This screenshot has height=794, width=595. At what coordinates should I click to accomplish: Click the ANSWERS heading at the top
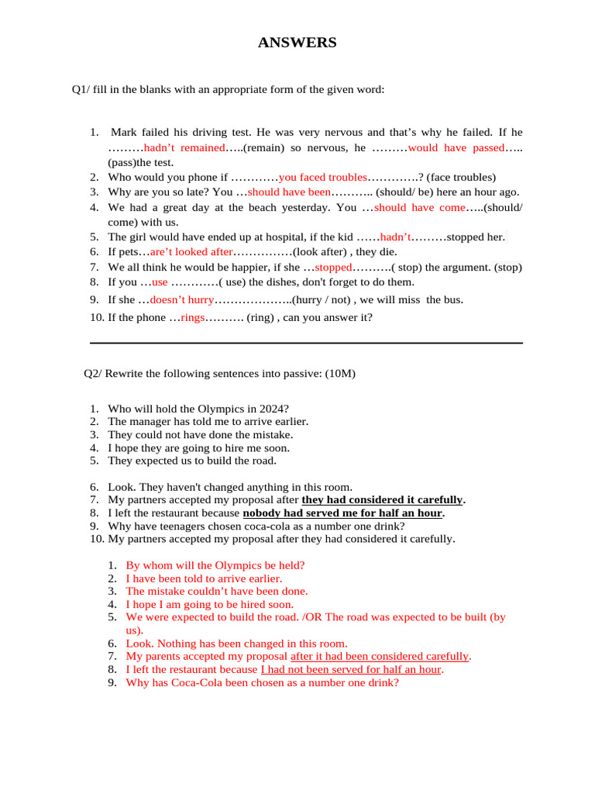point(297,43)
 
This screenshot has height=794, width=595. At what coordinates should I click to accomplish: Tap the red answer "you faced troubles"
point(322,177)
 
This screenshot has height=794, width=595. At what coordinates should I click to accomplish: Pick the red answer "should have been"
point(289,192)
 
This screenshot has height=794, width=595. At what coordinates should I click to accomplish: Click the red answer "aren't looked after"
point(191,252)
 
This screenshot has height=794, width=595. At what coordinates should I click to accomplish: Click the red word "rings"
point(192,317)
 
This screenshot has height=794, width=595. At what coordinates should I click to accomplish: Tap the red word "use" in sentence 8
point(160,282)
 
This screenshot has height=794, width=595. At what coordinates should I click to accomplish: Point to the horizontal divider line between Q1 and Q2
point(306,343)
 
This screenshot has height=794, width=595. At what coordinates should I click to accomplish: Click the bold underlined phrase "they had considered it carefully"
point(382,500)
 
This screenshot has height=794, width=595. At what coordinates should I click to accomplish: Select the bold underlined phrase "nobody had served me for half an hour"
point(343,513)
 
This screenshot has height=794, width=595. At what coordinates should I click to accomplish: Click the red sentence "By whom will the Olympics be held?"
point(215,565)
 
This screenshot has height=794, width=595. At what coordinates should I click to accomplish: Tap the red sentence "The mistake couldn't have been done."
point(217,591)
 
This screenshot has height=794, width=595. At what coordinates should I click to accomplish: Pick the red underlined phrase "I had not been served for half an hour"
point(351,669)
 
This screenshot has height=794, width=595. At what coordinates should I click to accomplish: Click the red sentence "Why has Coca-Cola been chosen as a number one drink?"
point(263,682)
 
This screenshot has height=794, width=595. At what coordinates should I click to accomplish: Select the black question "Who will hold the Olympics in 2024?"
point(198,409)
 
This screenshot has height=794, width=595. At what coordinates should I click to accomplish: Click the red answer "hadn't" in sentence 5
point(395,237)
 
